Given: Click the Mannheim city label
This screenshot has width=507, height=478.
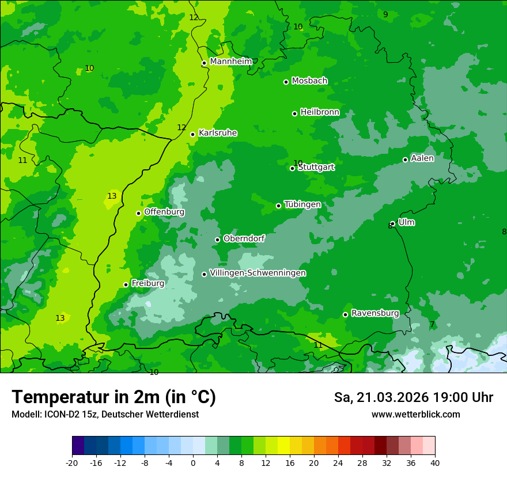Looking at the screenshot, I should tap(230, 61).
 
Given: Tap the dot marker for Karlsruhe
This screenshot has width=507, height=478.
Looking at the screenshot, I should tap(192, 134).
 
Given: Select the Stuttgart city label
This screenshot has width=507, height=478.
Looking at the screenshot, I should tap(316, 168).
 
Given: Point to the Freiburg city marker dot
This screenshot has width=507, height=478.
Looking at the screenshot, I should tap(126, 284).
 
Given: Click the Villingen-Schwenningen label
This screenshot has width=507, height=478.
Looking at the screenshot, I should tap(258, 273).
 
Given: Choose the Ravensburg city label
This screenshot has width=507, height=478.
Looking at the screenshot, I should tap(375, 313).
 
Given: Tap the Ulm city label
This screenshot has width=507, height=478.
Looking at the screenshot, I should tap(406, 222).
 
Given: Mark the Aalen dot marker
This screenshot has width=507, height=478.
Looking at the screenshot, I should tap(405, 160).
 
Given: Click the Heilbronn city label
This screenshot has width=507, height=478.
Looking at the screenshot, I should tap(320, 112).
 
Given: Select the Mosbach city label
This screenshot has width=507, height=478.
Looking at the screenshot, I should tap(309, 81).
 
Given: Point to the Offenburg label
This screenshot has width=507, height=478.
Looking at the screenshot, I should tap(164, 212).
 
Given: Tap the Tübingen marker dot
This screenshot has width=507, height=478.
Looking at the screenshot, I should tap(278, 206).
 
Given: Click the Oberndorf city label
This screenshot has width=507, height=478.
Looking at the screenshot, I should tap(244, 238).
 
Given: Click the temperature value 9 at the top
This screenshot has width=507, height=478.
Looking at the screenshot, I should tap(385, 14).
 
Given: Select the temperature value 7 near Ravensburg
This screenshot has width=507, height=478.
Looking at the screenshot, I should tap(432, 325).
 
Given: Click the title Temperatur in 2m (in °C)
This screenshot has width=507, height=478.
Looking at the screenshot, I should tap(113, 397).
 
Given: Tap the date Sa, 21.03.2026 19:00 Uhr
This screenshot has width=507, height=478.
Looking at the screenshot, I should tap(413, 397).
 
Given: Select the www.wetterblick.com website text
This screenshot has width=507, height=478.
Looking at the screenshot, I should tap(415, 414).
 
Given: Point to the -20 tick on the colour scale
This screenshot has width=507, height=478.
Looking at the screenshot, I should tap(72, 462).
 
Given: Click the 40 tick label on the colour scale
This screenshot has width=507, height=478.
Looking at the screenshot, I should tap(435, 462).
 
